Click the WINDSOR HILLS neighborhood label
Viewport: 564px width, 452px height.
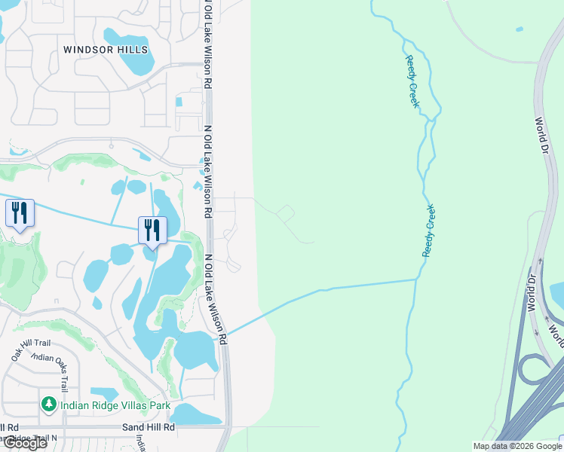106,50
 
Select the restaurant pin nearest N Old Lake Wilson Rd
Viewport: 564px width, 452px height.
152,230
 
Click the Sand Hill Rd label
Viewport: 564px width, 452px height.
149,427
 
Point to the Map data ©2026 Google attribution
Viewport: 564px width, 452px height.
517,446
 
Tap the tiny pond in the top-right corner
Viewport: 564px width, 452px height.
519,29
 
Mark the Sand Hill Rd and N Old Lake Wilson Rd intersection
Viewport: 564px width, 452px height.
226,427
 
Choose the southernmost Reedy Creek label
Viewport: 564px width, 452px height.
428,231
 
